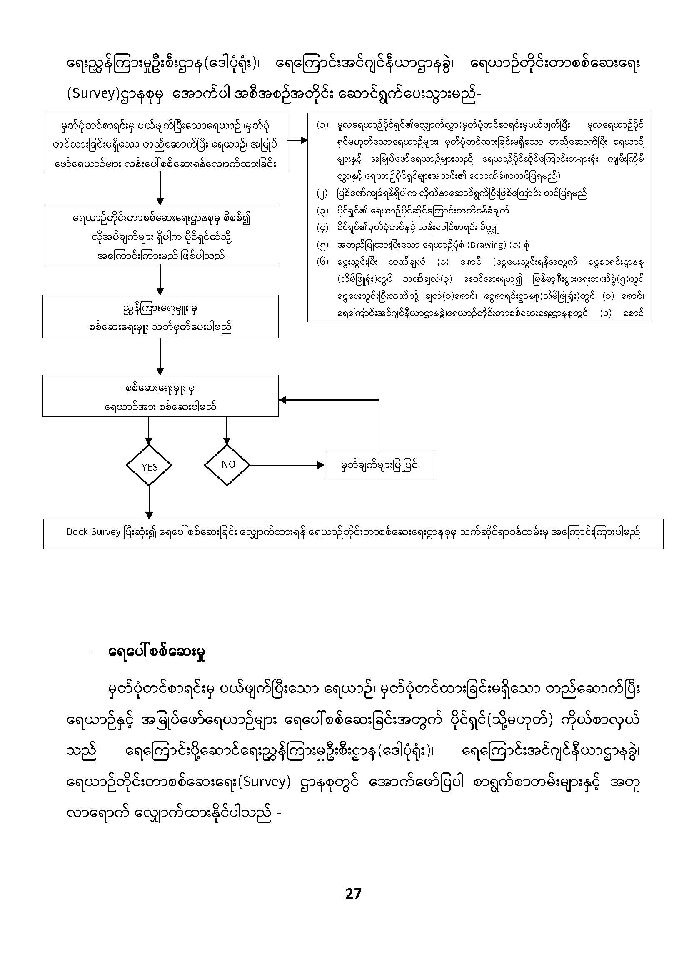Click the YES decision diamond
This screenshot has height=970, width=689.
(149, 465)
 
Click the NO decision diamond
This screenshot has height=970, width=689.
(227, 464)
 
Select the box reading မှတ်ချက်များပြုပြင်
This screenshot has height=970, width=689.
(379, 464)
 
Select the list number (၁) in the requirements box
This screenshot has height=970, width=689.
(322, 125)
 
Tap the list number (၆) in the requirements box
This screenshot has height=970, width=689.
(322, 262)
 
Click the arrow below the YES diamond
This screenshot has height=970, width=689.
(149, 502)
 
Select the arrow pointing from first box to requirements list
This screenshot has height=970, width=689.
(297, 140)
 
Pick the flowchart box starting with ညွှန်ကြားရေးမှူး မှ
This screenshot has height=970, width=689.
(160, 317)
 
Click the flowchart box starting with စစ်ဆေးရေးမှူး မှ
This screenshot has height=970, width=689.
(160, 396)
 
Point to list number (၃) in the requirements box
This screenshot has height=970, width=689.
(322, 211)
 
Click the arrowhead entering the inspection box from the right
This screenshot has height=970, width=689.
(282, 399)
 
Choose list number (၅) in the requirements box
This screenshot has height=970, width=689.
(322, 246)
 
